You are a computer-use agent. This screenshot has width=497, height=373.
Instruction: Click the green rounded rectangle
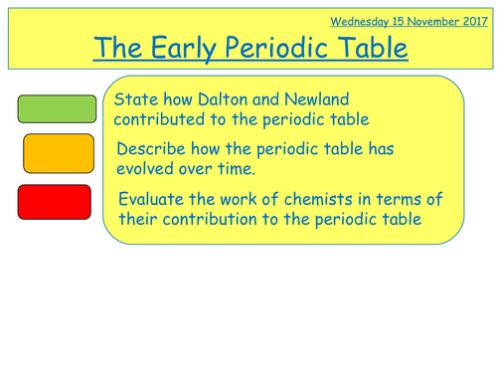pyautogui.click(x=57, y=107)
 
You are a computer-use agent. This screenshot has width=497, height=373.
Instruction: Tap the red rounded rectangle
pyautogui.click(x=57, y=201)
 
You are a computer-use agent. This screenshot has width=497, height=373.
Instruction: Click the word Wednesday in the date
pyautogui.click(x=360, y=20)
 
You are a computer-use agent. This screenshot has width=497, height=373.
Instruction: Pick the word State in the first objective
pyautogui.click(x=135, y=98)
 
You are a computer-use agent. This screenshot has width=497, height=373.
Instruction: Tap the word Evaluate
pyautogui.click(x=154, y=197)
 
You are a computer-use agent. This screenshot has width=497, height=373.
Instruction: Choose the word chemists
pyautogui.click(x=303, y=197)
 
